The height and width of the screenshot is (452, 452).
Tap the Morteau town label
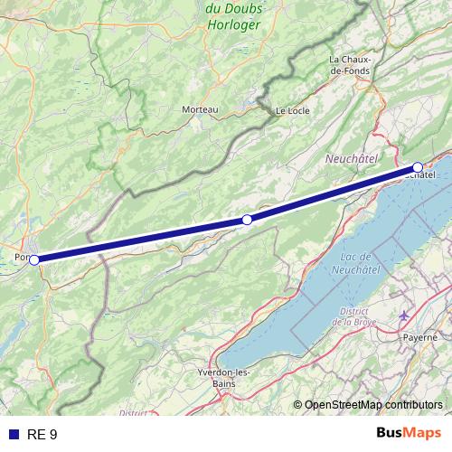[x=201, y=109]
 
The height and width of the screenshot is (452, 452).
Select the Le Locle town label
[x=291, y=111]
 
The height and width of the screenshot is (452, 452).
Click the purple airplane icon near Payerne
[x=403, y=316]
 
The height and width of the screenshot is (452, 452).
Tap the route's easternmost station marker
[x=418, y=166]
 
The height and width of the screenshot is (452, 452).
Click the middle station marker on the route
[x=247, y=220]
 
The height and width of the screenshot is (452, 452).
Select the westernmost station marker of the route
[x=34, y=259]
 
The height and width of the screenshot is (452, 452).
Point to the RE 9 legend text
[x=42, y=435]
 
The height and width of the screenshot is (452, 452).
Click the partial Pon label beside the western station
[x=21, y=258]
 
